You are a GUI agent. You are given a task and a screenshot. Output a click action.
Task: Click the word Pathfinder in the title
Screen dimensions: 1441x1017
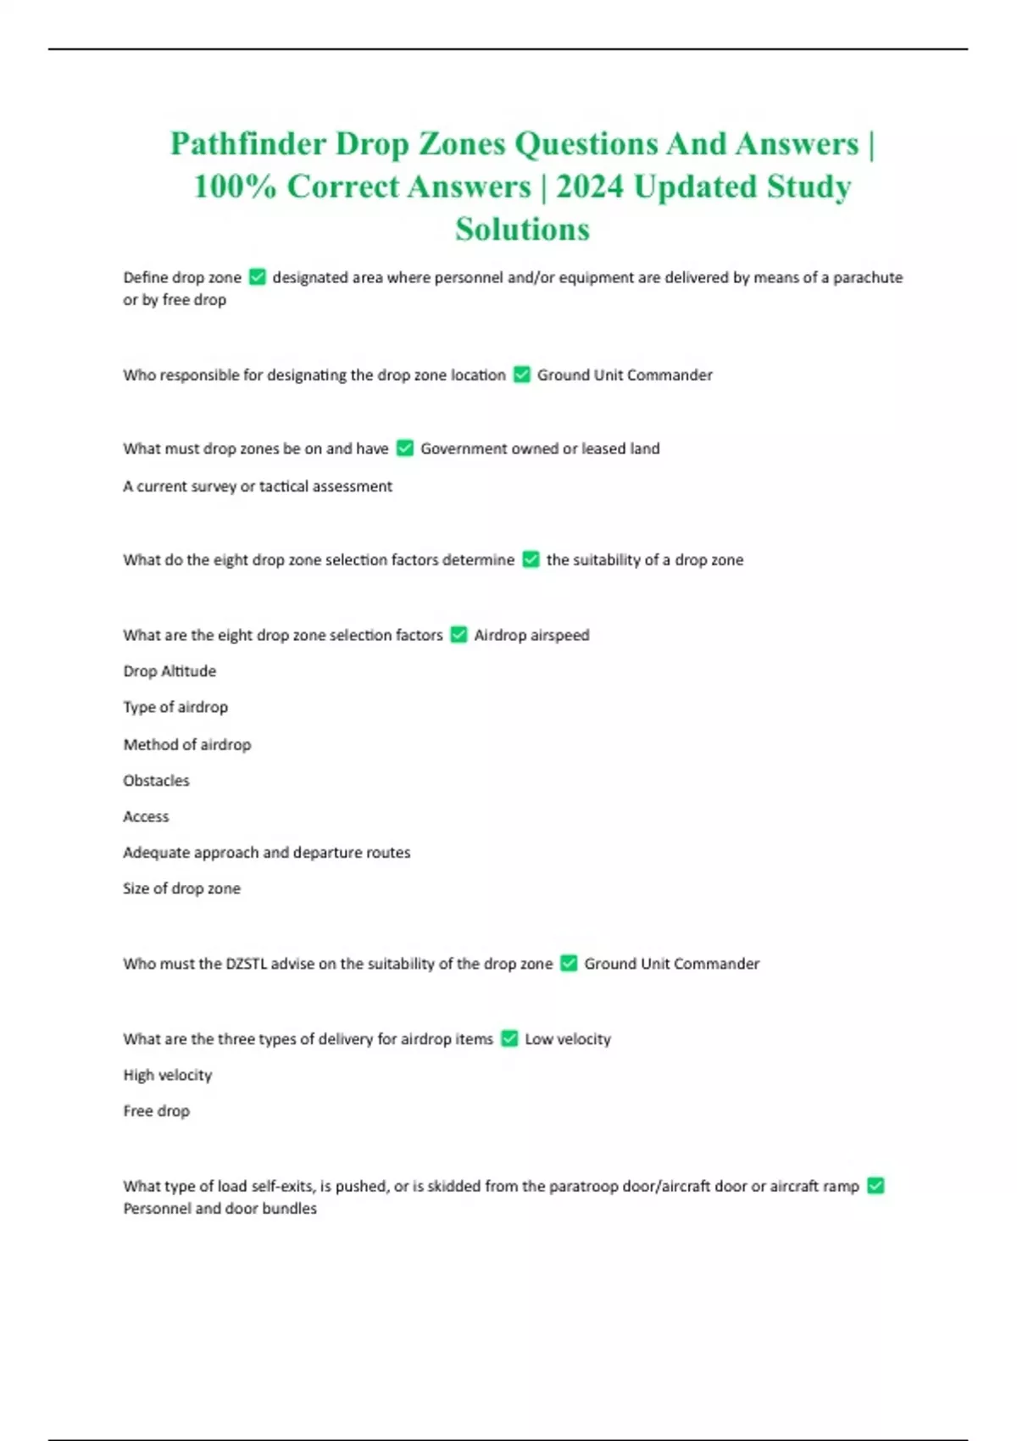coord(247,144)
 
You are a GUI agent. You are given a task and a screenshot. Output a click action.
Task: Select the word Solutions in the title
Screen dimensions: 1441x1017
coord(522,229)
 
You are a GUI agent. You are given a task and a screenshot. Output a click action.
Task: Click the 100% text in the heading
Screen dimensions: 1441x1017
coord(235,186)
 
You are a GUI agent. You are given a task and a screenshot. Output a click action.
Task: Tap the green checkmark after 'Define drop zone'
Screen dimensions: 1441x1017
coord(258,277)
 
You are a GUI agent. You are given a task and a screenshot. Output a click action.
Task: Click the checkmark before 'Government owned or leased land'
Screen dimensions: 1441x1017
coord(405,448)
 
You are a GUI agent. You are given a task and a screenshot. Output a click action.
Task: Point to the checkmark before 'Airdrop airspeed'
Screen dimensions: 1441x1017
coord(458,635)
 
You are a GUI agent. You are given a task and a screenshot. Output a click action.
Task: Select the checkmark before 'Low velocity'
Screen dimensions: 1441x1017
coord(509,1038)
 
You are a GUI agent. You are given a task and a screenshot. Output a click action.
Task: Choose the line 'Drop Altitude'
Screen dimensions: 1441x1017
coord(169,671)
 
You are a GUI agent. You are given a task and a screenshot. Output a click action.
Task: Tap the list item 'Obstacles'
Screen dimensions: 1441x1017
coord(156,781)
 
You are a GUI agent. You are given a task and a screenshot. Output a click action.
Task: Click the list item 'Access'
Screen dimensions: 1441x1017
coord(146,817)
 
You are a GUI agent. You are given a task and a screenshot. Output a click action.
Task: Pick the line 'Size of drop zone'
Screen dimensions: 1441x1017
coord(181,888)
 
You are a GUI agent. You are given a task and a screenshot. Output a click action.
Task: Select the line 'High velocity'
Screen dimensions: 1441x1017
coord(167,1075)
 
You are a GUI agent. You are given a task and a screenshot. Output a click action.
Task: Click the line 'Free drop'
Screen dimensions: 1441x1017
coord(156,1111)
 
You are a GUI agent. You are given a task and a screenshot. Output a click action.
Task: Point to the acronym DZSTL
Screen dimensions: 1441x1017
coord(247,964)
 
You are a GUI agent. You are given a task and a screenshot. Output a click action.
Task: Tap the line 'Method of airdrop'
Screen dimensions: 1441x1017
coord(186,744)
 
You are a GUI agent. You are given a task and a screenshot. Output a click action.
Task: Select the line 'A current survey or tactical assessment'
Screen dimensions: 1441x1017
coord(258,487)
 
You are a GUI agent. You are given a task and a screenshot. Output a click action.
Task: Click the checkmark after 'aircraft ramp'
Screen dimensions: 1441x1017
coord(876,1186)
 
